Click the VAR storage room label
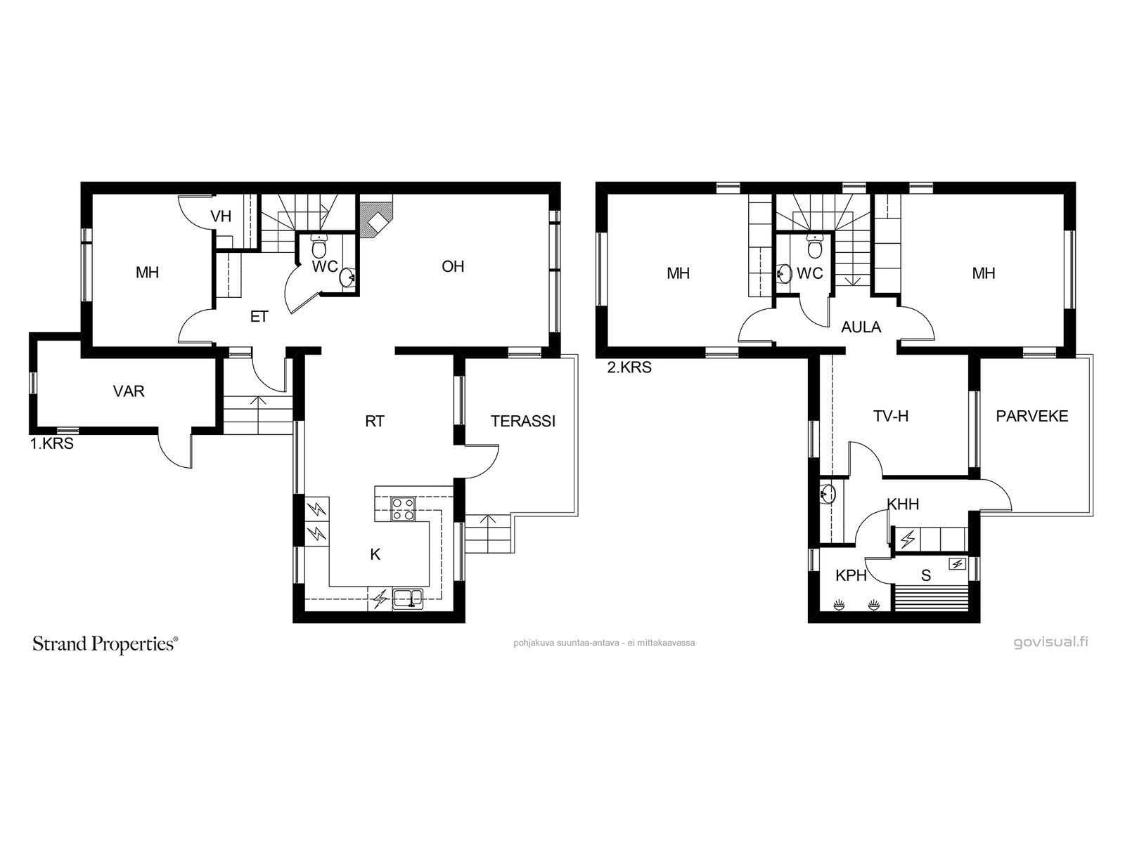(x=129, y=391)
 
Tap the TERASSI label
(x=523, y=421)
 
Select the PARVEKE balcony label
(x=1031, y=416)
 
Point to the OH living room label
(x=453, y=267)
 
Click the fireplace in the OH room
(x=375, y=220)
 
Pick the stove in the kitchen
(x=403, y=509)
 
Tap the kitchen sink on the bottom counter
(x=408, y=599)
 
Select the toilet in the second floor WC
(x=815, y=247)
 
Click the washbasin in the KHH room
(x=828, y=494)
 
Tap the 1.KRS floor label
(x=52, y=444)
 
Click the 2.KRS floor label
(x=629, y=367)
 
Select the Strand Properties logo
(x=105, y=644)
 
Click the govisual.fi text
(x=1050, y=642)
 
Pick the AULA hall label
(x=861, y=327)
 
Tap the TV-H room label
(x=891, y=417)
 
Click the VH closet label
(x=221, y=216)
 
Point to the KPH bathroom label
(x=851, y=576)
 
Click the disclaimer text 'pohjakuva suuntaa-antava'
(x=564, y=643)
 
